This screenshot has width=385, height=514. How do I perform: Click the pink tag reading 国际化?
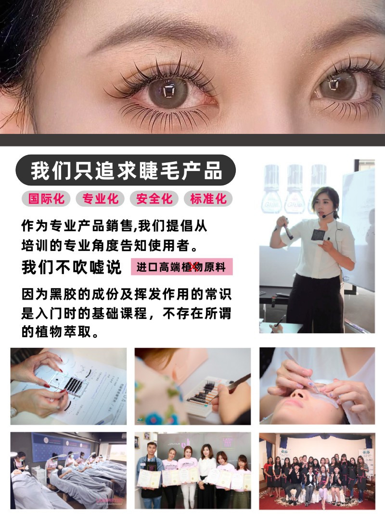click(46, 198)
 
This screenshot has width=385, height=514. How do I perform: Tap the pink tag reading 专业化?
click(100, 198)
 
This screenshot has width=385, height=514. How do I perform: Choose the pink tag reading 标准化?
click(208, 198)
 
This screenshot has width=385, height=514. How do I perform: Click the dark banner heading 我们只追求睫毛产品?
click(126, 171)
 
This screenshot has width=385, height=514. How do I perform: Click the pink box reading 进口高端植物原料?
click(182, 267)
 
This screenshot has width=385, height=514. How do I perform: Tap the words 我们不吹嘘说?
click(72, 267)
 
